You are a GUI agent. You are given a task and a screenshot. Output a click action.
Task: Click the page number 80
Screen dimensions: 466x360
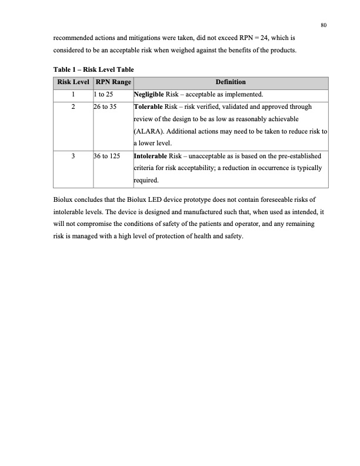point(324,24)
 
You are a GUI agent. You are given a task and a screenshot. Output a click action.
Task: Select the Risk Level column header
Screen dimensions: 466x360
point(72,82)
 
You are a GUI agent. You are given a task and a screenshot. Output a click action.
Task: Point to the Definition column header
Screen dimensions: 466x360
point(230,82)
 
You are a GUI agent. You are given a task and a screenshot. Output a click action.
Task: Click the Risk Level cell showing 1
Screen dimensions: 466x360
point(72,95)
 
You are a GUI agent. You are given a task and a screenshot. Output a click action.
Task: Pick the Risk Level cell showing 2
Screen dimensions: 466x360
point(72,107)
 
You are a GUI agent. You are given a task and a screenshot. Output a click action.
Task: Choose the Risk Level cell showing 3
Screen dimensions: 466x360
point(72,157)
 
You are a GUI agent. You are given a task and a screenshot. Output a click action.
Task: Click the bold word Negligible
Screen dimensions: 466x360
point(151,95)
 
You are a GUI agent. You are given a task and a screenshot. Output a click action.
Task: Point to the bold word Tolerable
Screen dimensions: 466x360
point(151,107)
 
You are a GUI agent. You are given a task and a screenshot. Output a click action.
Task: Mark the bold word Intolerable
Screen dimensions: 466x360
point(152,157)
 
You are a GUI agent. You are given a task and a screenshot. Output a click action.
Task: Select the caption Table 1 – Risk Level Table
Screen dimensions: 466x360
point(90,69)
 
